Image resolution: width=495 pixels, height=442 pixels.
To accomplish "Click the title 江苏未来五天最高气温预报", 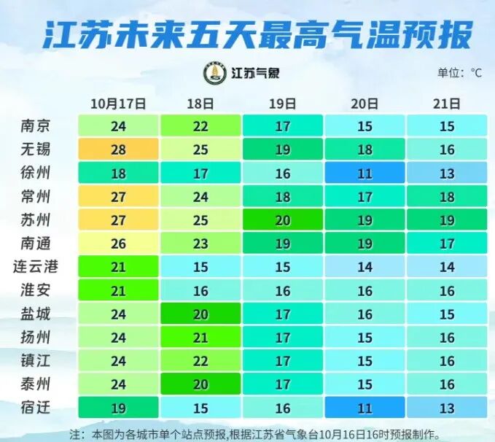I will pos(257,34).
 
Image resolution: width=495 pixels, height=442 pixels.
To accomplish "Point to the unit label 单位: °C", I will pos(459,72).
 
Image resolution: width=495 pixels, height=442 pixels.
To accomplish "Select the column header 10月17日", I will pos(118,104).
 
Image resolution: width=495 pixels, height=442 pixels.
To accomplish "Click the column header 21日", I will pos(447,104).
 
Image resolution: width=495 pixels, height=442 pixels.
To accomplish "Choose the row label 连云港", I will pos(36,267).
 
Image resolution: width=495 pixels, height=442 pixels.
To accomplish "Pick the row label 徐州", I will pos(36,174).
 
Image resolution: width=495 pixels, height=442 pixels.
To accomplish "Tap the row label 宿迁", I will pos(36,408).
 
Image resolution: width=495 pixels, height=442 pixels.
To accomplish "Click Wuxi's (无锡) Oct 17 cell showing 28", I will pos(118,150).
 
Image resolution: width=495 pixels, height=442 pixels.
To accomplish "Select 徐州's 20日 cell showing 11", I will pos(365,174).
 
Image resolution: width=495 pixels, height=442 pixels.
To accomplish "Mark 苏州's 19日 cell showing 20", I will pos(282,220).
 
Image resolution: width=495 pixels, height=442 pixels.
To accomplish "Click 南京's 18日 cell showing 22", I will pos(200,126).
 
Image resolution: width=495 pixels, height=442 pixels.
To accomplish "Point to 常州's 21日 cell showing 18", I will pos(447,197).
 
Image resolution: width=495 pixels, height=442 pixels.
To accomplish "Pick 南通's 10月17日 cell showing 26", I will pos(118,244).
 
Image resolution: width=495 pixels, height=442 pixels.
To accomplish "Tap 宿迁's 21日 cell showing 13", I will pos(447,408).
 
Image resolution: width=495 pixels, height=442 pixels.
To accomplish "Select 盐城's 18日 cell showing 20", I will pos(200,314).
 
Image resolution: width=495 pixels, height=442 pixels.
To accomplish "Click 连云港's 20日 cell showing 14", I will pos(365,267).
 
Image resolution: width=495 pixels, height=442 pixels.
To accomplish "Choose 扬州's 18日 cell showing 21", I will pos(200,338).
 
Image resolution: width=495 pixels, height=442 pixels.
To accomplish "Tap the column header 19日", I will pos(282,104).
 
